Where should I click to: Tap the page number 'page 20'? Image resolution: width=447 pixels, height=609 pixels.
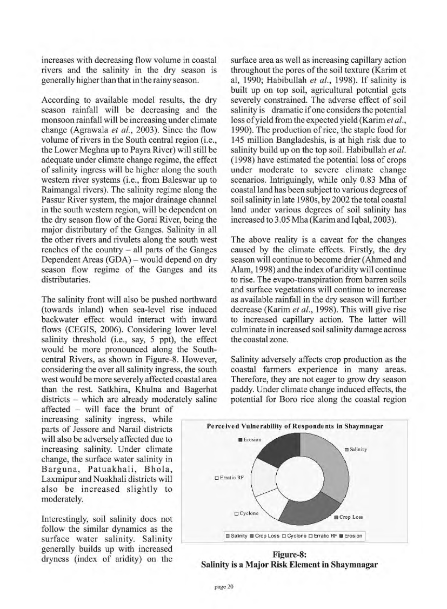[223, 587]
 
